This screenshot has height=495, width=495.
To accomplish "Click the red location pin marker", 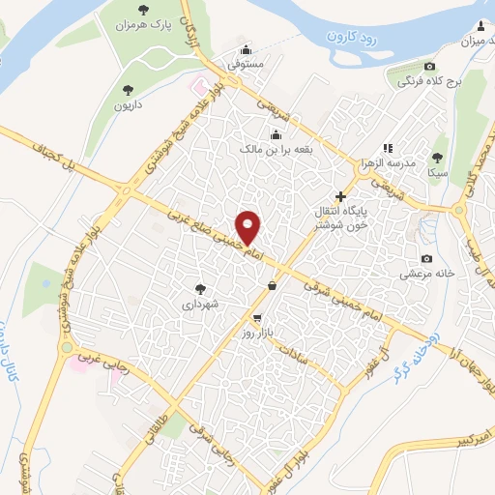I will pos(248,227).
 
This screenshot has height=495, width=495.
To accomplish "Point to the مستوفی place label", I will pos(245,64).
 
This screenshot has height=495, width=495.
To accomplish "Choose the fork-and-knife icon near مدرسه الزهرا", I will pos(388,148).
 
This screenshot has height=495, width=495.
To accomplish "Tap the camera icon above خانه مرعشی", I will pos(426,258).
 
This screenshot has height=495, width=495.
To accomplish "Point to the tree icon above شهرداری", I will pos(200,288).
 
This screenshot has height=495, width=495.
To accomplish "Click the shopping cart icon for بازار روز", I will pos(256,317).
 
